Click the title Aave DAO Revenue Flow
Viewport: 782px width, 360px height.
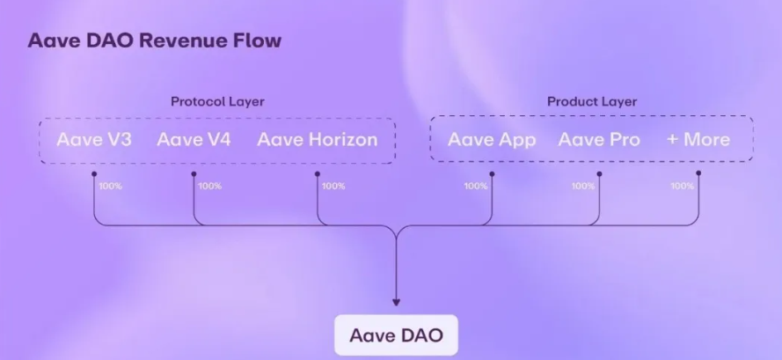click(155, 41)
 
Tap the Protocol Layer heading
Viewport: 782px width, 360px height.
click(217, 101)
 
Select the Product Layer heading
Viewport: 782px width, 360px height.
click(592, 101)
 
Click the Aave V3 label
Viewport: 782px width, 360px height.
click(94, 139)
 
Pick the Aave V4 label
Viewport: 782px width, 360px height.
click(194, 139)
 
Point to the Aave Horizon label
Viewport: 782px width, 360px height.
click(317, 139)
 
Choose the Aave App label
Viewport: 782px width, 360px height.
click(492, 139)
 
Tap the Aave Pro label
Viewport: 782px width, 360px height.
click(599, 139)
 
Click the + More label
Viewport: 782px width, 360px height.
click(698, 139)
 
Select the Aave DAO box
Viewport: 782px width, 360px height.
click(396, 335)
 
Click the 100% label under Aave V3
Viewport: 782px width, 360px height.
click(110, 186)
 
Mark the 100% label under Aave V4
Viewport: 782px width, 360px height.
click(210, 186)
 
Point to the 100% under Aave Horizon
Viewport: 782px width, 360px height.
click(333, 186)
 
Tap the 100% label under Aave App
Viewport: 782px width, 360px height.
click(475, 186)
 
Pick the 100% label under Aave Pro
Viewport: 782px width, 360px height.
click(583, 186)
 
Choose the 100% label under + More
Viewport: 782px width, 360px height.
click(683, 186)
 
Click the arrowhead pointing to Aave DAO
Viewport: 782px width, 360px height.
click(396, 303)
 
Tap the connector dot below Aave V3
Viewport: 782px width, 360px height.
click(94, 173)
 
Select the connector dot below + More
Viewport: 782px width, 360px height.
click(698, 173)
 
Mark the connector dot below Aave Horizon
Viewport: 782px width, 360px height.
click(317, 173)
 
